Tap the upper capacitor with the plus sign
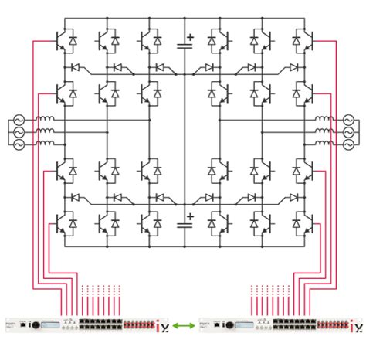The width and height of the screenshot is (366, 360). click(x=184, y=44)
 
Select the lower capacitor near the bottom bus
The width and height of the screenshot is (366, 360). click(x=184, y=225)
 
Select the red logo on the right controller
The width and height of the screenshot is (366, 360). click(x=355, y=327)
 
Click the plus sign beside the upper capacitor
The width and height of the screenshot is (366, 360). click(x=191, y=36)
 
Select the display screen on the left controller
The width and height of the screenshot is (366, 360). click(x=51, y=325)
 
